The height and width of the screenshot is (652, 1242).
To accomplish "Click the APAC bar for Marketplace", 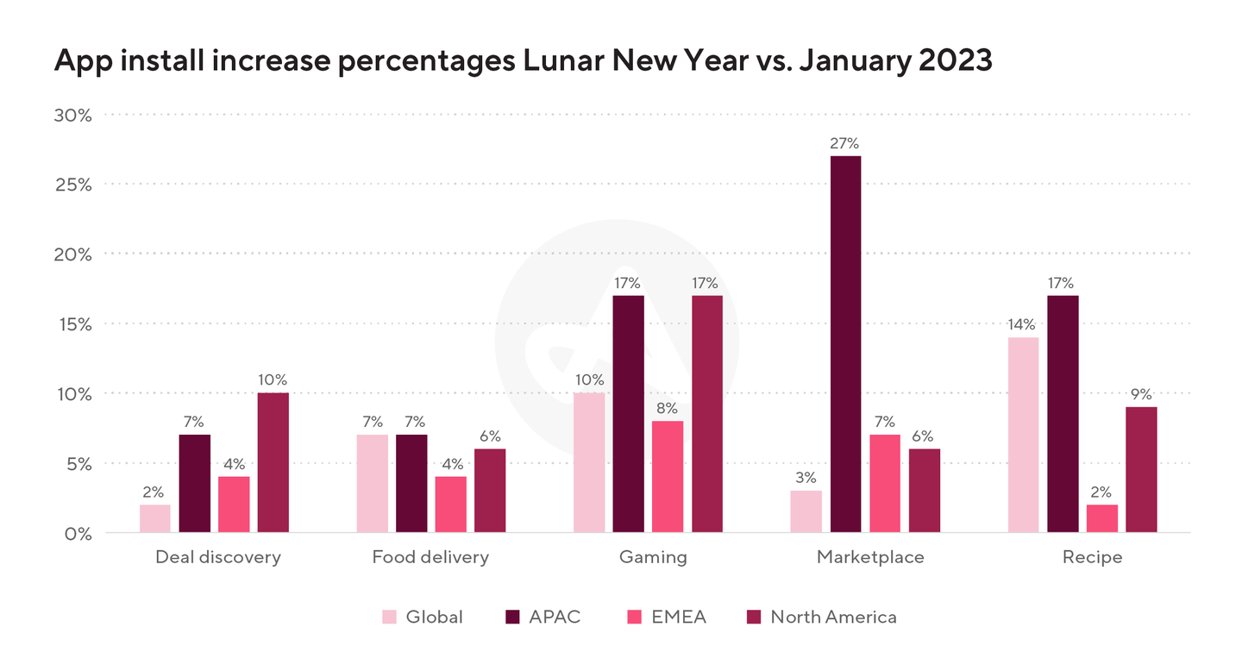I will pos(845,344).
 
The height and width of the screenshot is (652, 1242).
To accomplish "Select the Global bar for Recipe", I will pos(1023,435).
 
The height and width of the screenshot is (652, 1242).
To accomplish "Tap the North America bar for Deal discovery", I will pos(273,462).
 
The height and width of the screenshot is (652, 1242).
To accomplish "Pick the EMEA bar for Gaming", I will pos(668,476).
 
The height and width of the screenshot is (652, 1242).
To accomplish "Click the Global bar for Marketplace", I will pos(806,511).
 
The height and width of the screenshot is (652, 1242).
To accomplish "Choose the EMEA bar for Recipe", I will pos(1102,518).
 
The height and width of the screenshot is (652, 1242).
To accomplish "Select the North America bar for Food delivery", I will pos(490,490).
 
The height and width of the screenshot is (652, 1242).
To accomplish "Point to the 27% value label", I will pos(845,143).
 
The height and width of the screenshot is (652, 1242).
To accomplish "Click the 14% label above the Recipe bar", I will pos(1023,324).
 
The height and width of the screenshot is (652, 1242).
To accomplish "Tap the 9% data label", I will pos(1142,394).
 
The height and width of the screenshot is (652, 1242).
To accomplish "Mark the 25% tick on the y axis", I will pos(72,185).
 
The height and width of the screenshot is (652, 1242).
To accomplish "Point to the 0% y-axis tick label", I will pos(78,533).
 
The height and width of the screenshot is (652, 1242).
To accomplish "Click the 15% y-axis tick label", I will pos(72,324).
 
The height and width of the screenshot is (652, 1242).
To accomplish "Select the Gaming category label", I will pos(653,557).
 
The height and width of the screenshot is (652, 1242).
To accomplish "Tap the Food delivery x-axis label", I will pos(430,557).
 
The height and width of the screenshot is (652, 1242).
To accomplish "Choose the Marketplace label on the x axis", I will pos(870,557).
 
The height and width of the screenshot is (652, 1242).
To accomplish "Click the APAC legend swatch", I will pos(512,617).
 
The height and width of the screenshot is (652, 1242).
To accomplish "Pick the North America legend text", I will pos(833,617).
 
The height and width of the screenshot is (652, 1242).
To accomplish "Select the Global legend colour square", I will pos(390,617).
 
